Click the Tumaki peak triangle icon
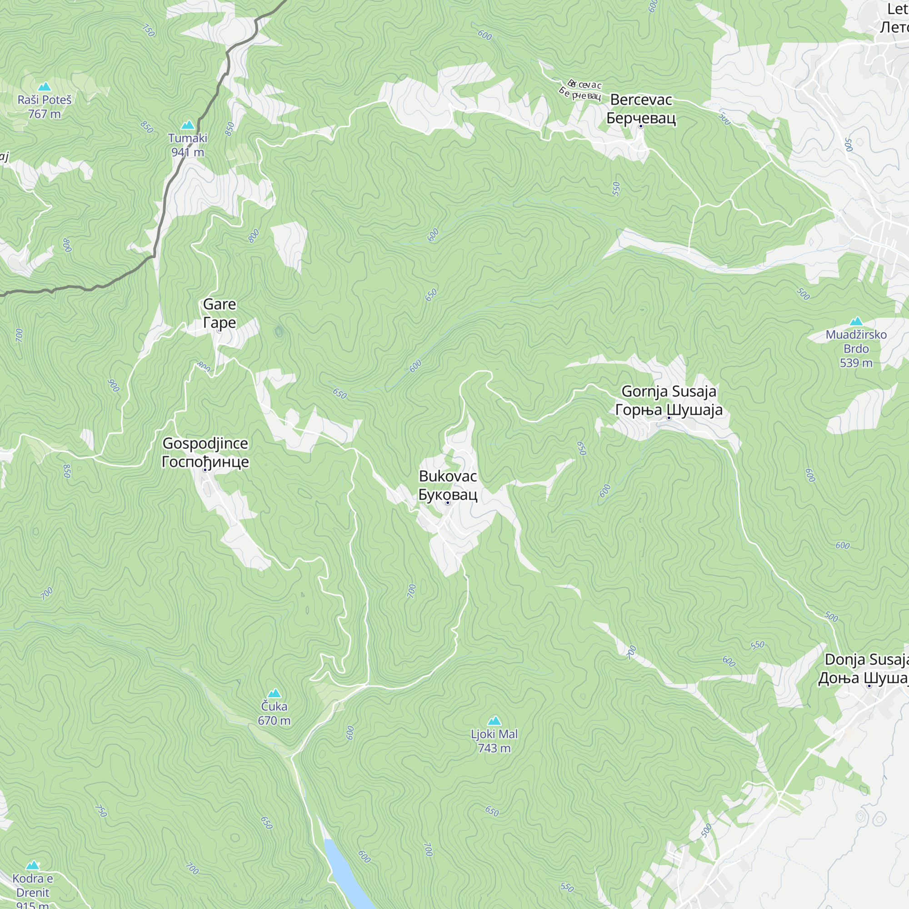188,125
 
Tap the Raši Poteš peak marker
44,86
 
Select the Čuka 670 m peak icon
275,693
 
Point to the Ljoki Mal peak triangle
494,721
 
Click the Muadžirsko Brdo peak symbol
856,321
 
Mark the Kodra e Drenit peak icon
32,865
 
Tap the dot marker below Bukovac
447,503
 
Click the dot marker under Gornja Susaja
669,418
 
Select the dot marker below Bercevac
640,126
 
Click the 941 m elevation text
187,152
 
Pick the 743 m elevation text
494,748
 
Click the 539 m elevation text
856,363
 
